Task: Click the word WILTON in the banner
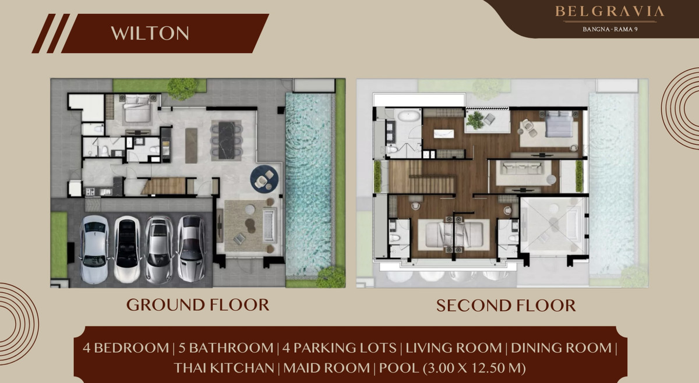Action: (150, 33)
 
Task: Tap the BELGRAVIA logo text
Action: (610, 12)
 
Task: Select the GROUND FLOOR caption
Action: (197, 305)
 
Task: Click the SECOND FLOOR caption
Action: (506, 306)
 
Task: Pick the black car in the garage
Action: (127, 250)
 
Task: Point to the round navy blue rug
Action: (264, 178)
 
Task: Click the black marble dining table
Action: (227, 140)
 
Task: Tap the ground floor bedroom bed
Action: (137, 108)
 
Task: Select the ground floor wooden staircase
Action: (164, 186)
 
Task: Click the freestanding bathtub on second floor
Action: (408, 116)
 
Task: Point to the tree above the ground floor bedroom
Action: (182, 88)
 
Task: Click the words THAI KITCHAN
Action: (224, 368)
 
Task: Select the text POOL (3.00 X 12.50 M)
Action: (453, 368)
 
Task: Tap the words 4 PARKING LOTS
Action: (340, 348)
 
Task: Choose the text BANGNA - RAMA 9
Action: (610, 29)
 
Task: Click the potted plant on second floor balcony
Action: (475, 120)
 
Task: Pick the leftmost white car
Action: (94, 250)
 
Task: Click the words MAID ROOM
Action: (326, 368)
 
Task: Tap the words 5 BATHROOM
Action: (226, 348)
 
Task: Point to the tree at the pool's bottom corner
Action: (331, 277)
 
